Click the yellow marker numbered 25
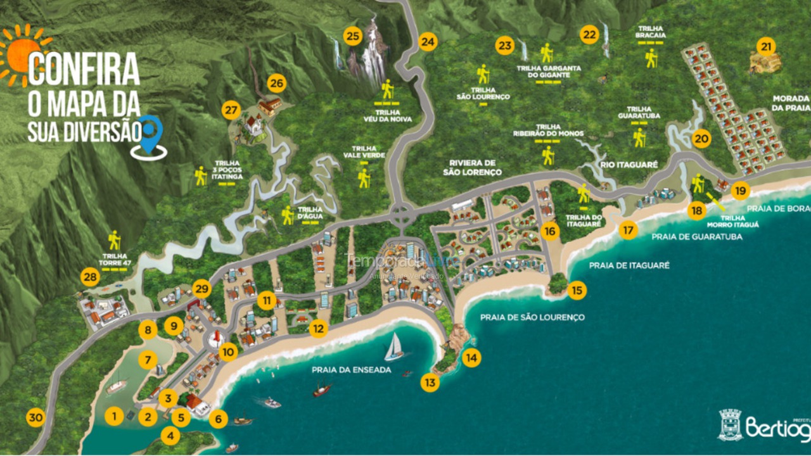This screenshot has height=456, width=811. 353,36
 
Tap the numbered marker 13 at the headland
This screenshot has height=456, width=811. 430,383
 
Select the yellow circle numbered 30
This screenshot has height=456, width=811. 35,417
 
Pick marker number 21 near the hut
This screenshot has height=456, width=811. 767,46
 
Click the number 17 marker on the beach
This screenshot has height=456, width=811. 628,230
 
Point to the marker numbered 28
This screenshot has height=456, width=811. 91,277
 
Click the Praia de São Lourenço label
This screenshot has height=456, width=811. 532,317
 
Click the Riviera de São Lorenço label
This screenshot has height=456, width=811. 472,167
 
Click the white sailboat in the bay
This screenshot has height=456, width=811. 394,347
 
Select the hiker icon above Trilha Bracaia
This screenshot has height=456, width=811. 651,58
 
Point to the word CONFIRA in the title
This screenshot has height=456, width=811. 84,69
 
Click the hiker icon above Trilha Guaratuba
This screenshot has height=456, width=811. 639,137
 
